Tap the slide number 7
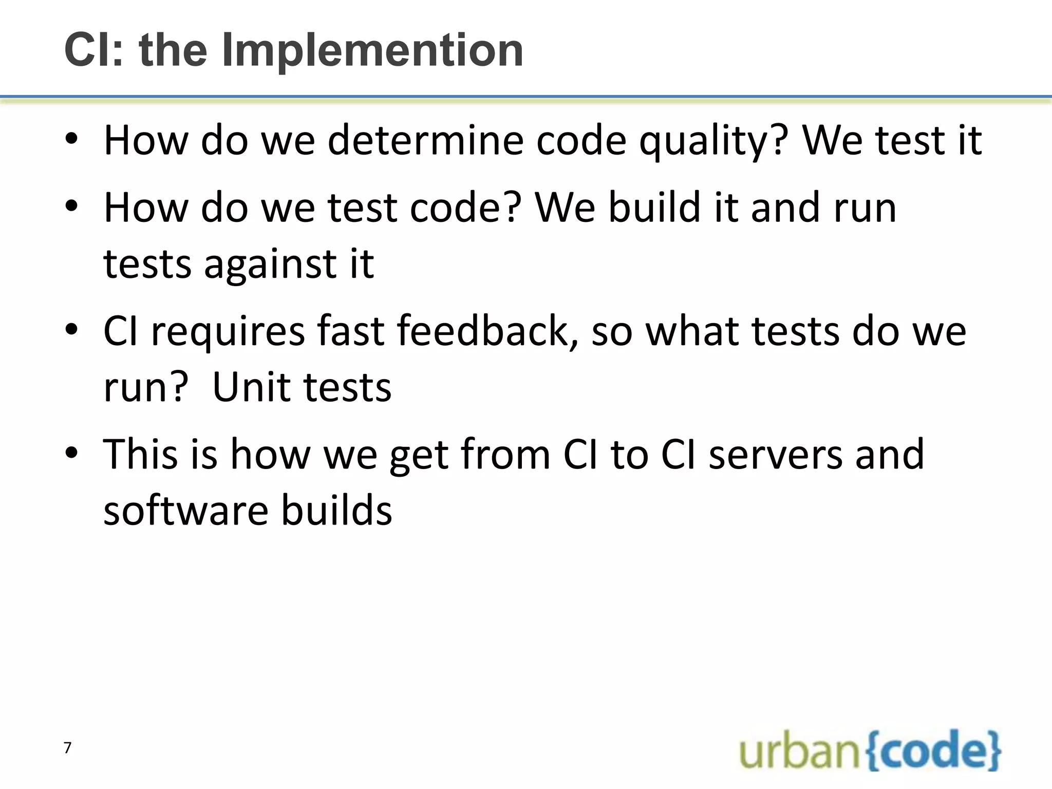coord(67,748)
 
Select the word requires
coord(228,331)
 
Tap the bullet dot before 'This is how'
coord(71,453)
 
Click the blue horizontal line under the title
coord(526,96)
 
